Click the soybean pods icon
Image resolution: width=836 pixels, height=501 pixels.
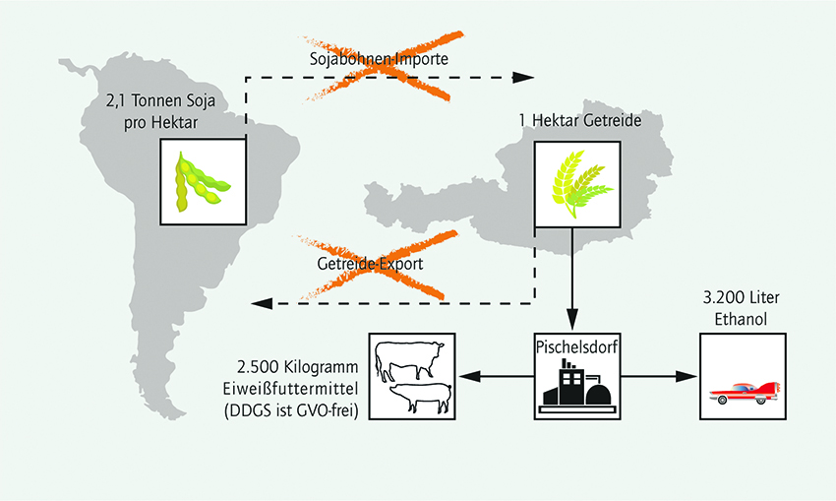pyautogui.click(x=203, y=181)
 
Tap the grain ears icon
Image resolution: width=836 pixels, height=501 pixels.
pyautogui.click(x=581, y=183)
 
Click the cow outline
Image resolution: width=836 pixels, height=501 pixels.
pyautogui.click(x=409, y=359)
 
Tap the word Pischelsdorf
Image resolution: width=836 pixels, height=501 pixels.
pyautogui.click(x=577, y=347)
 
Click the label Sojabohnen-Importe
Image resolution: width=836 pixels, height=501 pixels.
pyautogui.click(x=379, y=58)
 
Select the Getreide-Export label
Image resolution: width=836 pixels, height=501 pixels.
pyautogui.click(x=370, y=264)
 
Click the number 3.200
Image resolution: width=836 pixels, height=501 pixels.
pyautogui.click(x=725, y=297)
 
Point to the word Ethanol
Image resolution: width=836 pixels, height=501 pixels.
pyautogui.click(x=742, y=319)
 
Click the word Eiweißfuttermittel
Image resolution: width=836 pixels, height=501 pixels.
pyautogui.click(x=290, y=389)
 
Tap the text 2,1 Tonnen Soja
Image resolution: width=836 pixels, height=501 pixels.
pyautogui.click(x=160, y=100)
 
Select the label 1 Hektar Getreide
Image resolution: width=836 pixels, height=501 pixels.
pyautogui.click(x=580, y=120)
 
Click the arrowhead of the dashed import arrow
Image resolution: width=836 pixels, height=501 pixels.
pyautogui.click(x=523, y=78)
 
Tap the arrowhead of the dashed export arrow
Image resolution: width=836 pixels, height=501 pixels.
pyautogui.click(x=262, y=303)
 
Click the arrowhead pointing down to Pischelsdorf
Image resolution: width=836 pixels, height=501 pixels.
pyautogui.click(x=572, y=320)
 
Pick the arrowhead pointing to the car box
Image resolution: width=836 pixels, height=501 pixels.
pyautogui.click(x=687, y=376)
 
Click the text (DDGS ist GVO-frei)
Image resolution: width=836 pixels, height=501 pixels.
pyautogui.click(x=291, y=410)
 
